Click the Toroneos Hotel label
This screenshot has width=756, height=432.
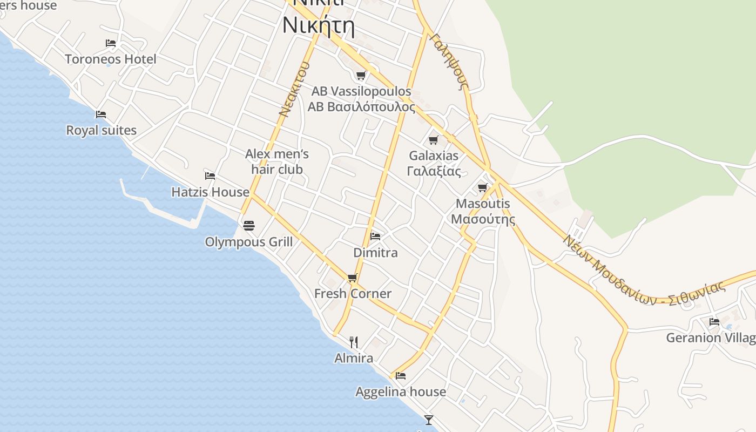[x=111, y=59]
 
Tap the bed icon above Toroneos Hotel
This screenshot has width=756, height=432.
[x=111, y=43]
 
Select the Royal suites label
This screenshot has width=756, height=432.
[x=101, y=130]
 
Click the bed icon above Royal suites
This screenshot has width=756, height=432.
[x=101, y=114]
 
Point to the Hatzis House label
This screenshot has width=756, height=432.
[x=210, y=192]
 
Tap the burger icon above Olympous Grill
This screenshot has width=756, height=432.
[x=248, y=225]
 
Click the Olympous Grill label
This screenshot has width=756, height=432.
[x=248, y=242]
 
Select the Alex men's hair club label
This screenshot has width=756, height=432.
[x=277, y=161]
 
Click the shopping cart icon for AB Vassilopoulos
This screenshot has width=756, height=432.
[x=361, y=76]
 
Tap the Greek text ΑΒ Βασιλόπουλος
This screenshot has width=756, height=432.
[x=361, y=107]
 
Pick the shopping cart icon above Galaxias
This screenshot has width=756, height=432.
[x=433, y=140]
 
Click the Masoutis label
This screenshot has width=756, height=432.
[x=483, y=204]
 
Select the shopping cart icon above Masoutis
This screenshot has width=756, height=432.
[x=483, y=188]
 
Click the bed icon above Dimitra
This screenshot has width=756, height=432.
[x=375, y=237]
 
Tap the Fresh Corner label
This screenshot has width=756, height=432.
[x=353, y=294]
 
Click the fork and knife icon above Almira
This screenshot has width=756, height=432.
[x=354, y=342]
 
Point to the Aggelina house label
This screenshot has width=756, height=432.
[x=401, y=391]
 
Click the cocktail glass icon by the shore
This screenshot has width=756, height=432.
[x=429, y=420]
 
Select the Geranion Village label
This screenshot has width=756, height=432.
[x=711, y=338]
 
